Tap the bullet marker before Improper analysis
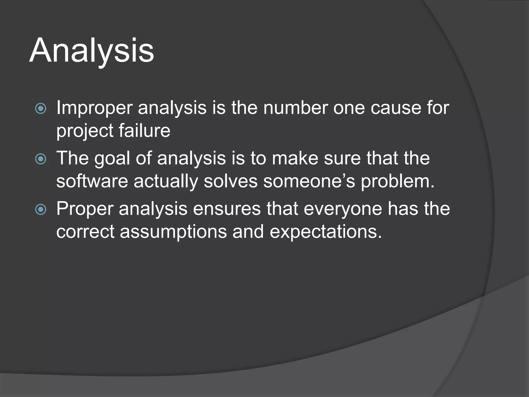(41, 109)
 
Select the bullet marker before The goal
(41, 159)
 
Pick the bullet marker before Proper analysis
(41, 209)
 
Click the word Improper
(94, 108)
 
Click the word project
(85, 131)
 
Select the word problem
(398, 181)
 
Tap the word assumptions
(173, 232)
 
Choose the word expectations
(325, 232)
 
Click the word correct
(85, 232)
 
